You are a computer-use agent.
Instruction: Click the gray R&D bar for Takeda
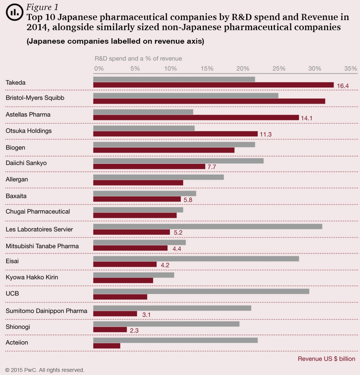174,79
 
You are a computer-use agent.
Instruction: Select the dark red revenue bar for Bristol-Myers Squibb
209,101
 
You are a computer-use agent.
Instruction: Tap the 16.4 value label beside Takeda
343,86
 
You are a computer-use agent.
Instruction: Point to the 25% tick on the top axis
279,68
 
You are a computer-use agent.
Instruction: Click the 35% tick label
351,68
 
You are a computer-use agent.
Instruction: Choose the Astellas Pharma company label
28,114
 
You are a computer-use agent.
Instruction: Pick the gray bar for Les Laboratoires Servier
207,226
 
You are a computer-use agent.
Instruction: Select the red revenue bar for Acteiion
107,346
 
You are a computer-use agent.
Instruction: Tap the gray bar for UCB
201,291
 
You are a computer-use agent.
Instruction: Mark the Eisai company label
12,261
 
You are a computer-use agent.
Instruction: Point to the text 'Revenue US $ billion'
326,359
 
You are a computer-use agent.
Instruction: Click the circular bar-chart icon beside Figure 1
14,12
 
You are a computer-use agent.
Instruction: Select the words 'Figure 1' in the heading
42,7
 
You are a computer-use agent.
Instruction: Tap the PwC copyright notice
45,370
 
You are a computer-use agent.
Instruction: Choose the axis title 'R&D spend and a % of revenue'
138,58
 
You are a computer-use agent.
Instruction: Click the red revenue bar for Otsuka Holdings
175,134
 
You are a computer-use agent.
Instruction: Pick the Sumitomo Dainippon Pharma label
46,311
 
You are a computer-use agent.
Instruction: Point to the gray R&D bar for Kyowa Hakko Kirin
134,275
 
